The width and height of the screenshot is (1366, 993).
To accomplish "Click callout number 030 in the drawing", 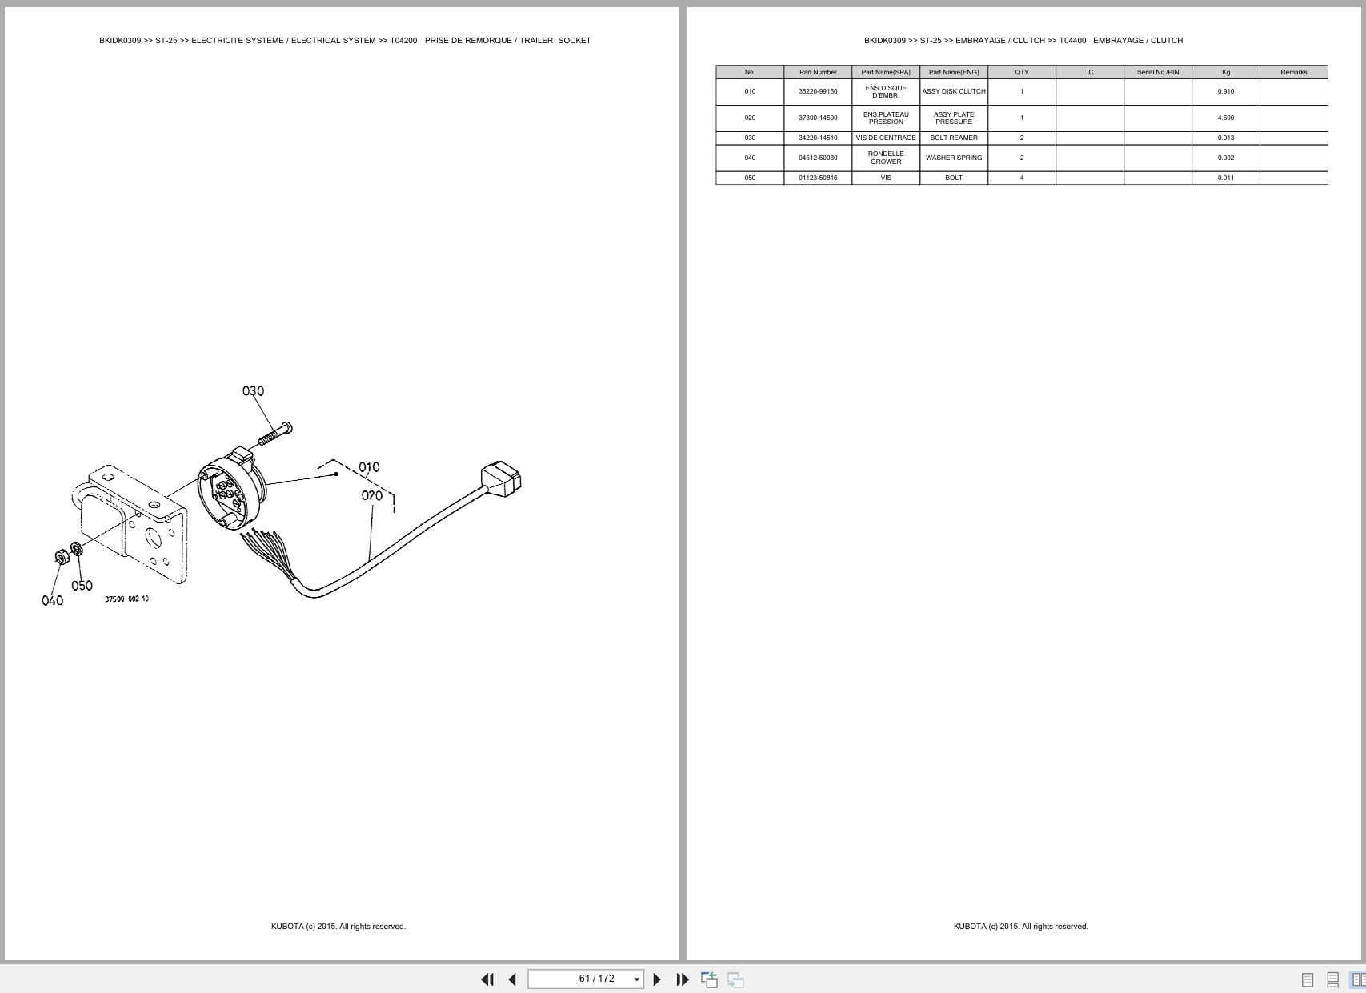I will point(253,391).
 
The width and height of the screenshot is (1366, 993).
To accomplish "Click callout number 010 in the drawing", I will point(369,467).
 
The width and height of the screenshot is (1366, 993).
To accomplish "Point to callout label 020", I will point(372,496).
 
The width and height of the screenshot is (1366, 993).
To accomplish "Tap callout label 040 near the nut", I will point(52,601).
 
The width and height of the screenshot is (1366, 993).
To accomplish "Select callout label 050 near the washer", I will point(82,586).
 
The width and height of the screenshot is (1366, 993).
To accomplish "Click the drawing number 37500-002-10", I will point(126,599).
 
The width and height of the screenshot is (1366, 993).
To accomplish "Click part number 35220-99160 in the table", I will point(818,91).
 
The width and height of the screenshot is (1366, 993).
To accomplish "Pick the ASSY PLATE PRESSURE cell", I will point(954,118).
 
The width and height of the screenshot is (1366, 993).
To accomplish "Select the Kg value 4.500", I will point(1225,118).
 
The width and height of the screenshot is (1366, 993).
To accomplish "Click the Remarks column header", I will point(1293,72).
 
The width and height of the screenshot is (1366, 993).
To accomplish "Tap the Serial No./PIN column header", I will point(1157,72).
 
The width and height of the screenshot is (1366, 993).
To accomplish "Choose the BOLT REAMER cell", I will point(954,138).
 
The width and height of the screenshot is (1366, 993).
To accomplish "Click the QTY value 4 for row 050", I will point(1022,178).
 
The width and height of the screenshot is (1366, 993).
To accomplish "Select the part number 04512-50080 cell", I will point(818,158).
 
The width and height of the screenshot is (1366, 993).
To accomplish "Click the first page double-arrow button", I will point(487,979).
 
